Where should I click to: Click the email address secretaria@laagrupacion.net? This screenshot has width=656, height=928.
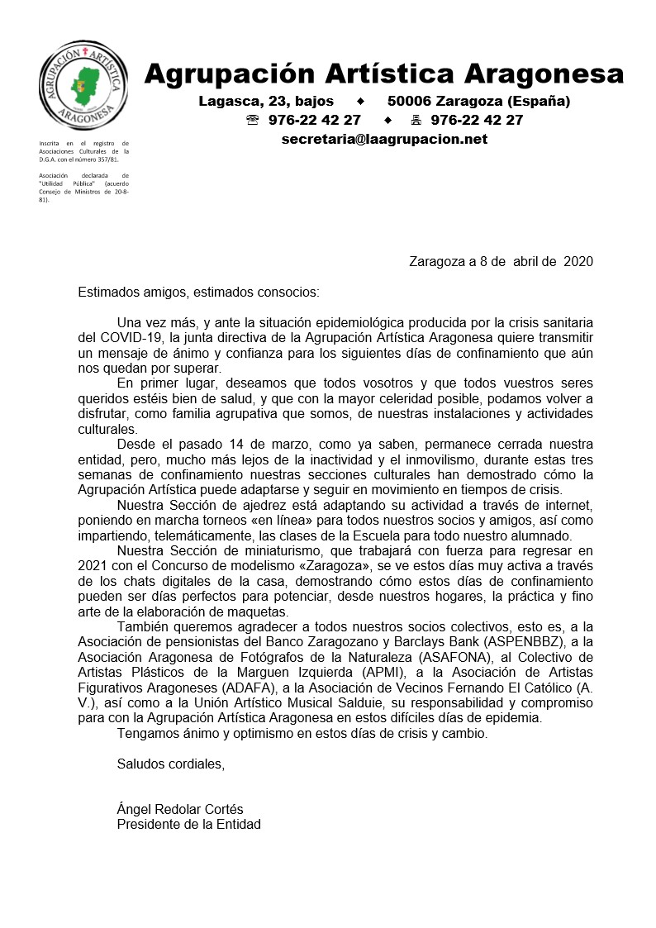[384, 139]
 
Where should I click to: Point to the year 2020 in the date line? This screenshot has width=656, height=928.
[578, 262]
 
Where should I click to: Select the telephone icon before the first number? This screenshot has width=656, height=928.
[253, 121]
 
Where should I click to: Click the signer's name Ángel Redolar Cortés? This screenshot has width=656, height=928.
[180, 809]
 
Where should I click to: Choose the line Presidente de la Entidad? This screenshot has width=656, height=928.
[188, 824]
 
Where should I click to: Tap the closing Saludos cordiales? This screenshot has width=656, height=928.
[170, 764]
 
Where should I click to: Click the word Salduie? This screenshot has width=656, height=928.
[356, 703]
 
